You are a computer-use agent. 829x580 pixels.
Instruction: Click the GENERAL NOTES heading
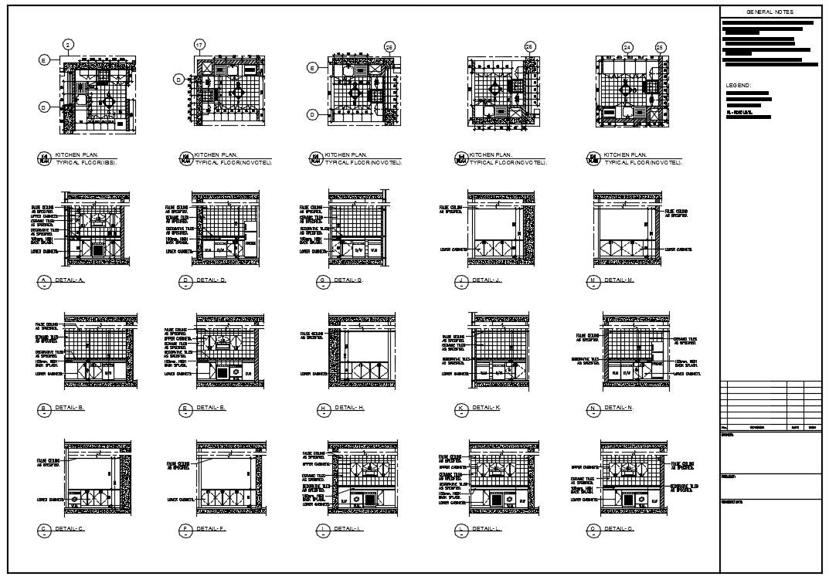click(x=770, y=12)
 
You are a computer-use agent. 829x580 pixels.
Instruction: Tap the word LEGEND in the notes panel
click(x=739, y=85)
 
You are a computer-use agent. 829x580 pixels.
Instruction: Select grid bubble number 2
click(x=68, y=46)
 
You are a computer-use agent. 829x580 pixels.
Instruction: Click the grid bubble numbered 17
click(x=199, y=45)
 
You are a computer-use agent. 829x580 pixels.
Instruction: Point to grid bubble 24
click(x=627, y=47)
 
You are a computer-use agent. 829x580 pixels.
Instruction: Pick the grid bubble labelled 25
click(x=660, y=47)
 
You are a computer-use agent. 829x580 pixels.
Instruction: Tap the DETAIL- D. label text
click(x=211, y=280)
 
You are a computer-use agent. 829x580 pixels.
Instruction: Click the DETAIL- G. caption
click(x=348, y=280)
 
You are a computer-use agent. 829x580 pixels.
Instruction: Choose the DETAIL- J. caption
click(x=487, y=280)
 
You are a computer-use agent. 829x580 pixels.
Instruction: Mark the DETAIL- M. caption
click(x=619, y=280)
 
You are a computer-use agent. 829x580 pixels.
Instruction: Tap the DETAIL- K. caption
click(x=487, y=407)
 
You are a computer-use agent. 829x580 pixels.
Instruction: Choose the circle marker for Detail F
click(x=185, y=530)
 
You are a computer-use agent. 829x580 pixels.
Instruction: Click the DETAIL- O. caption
click(x=619, y=529)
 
